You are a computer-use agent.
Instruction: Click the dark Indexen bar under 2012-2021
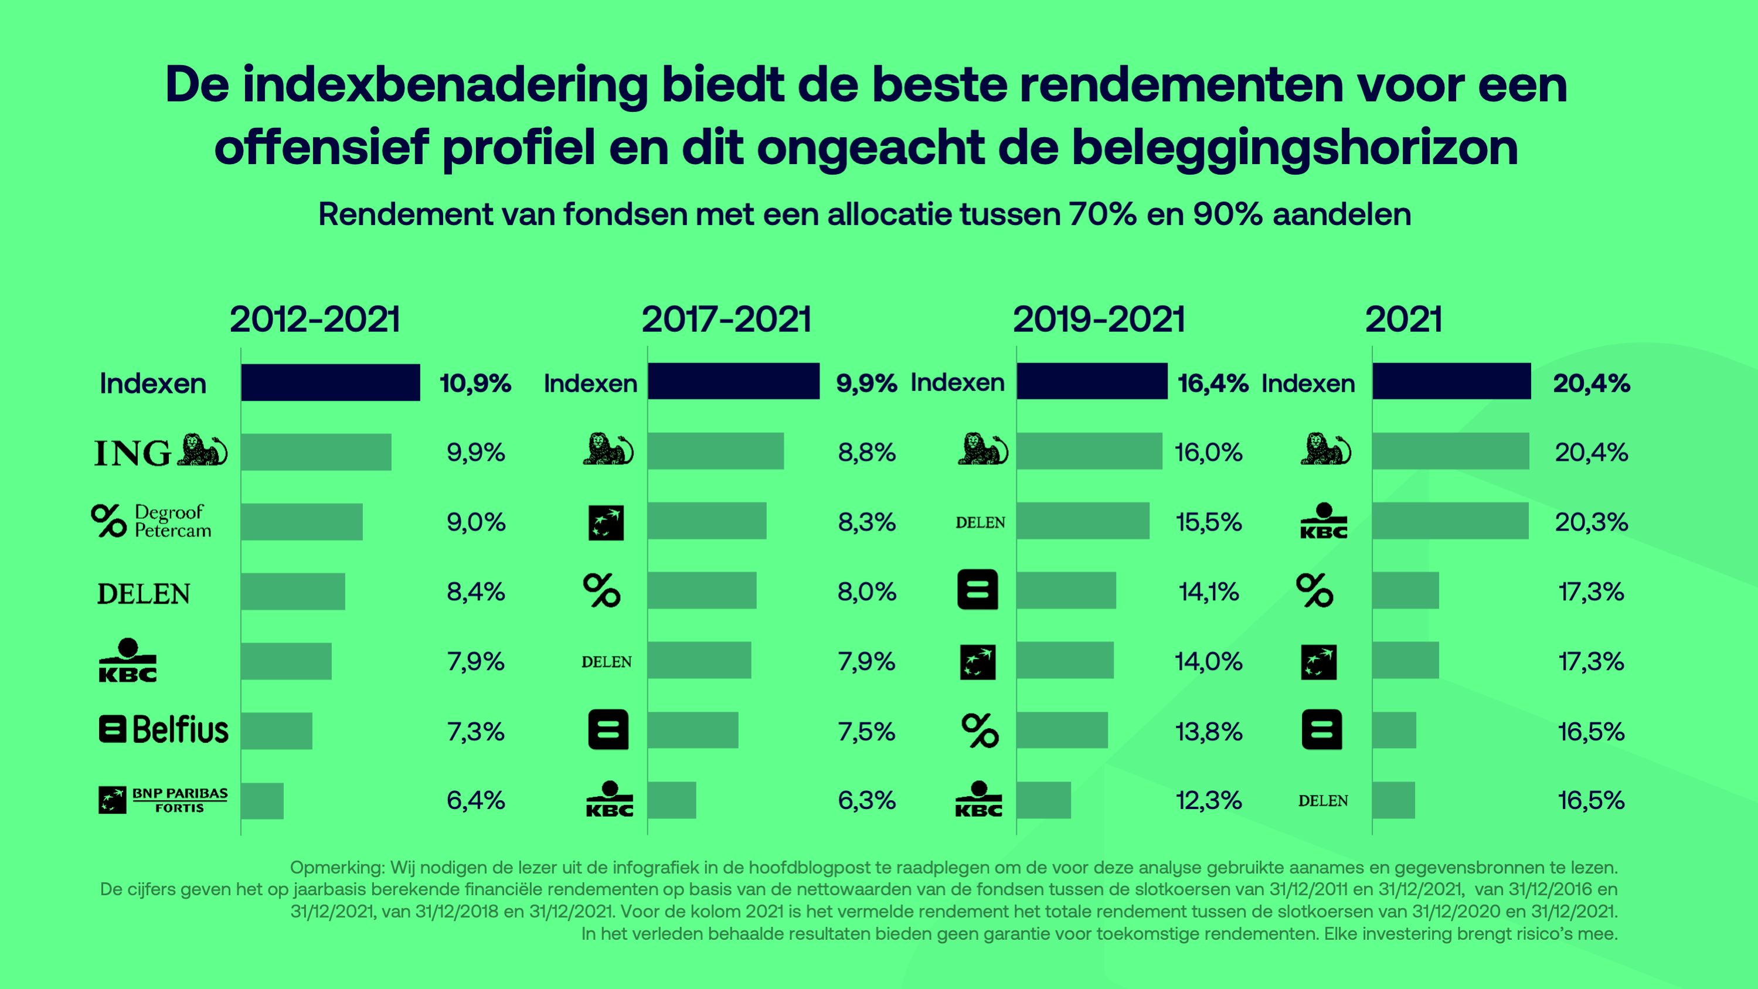click(330, 382)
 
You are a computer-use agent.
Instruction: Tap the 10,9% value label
click(475, 383)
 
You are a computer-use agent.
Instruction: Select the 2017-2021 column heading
click(726, 320)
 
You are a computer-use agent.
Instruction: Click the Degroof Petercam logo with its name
click(151, 521)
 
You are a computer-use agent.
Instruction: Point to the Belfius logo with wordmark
click(164, 730)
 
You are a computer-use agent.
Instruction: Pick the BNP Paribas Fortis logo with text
click(163, 800)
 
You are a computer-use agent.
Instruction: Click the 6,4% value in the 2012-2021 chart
click(475, 800)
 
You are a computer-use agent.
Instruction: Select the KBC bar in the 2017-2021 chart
click(672, 800)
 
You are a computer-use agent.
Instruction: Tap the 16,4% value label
click(1213, 383)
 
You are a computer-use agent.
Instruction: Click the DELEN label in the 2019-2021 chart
click(980, 523)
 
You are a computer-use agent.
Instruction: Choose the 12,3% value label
click(1208, 800)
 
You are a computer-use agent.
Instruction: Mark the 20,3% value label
click(1591, 522)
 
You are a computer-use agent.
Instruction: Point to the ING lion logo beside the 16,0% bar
click(982, 450)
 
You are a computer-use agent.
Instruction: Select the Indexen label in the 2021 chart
click(1308, 383)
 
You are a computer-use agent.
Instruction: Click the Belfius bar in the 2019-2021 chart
click(1066, 590)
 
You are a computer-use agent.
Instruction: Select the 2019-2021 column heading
click(1098, 320)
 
